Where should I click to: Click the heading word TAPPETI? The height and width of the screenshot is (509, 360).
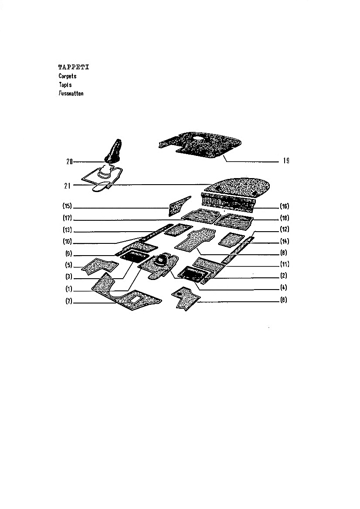pos(73,67)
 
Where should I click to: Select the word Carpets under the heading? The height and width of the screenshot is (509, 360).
pos(68,76)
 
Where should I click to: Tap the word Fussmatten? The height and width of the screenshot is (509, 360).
pos(71,94)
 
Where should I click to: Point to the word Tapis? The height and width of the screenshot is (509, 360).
pos(65,85)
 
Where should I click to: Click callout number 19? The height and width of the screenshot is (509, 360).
pos(286,161)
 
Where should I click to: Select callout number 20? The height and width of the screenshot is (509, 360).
pos(69,162)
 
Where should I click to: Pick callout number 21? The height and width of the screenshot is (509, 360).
pos(67,185)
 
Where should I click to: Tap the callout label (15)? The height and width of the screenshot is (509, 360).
pos(67,206)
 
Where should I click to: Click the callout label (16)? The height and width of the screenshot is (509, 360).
pos(285,206)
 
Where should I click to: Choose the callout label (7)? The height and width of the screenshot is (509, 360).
pos(68,301)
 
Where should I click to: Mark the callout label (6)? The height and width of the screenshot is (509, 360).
pos(284,300)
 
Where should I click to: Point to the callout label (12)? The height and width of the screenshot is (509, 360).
pos(285,229)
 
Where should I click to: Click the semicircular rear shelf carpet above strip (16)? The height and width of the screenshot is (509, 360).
pos(239,186)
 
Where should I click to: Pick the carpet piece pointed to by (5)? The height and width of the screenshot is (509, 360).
pos(99,266)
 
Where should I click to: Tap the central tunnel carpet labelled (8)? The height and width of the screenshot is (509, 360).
pos(195,239)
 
